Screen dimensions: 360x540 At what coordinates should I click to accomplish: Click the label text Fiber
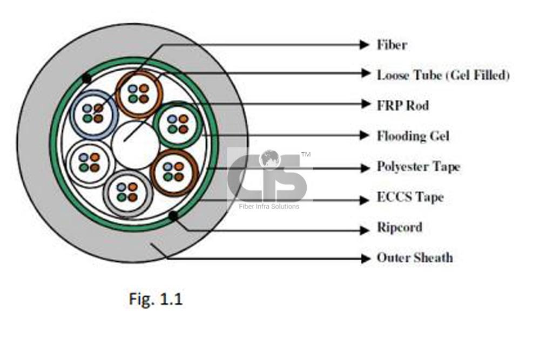tap(391, 45)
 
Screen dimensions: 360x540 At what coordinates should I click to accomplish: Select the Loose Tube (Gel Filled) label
tap(443, 74)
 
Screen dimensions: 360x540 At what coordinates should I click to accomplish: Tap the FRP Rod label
tap(402, 105)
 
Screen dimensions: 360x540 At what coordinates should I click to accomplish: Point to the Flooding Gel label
tap(413, 135)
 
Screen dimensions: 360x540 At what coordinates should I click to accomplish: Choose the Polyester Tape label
tap(418, 167)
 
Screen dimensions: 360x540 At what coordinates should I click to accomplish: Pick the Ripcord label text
tap(399, 227)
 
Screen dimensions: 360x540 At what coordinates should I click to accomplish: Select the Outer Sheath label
tap(414, 258)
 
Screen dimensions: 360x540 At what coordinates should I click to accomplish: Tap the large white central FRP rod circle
tap(136, 144)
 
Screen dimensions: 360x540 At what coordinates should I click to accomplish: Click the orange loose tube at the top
tap(139, 93)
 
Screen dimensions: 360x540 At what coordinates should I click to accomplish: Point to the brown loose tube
tap(174, 172)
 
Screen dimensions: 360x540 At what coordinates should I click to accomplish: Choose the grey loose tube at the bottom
tap(128, 193)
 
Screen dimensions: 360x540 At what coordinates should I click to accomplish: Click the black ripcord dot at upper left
tap(85, 78)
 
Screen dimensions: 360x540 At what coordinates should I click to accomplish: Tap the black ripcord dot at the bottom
tap(173, 217)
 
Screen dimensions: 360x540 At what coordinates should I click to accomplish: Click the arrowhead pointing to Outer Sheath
tap(365, 258)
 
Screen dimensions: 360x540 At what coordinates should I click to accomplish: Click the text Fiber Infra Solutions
tap(268, 206)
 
